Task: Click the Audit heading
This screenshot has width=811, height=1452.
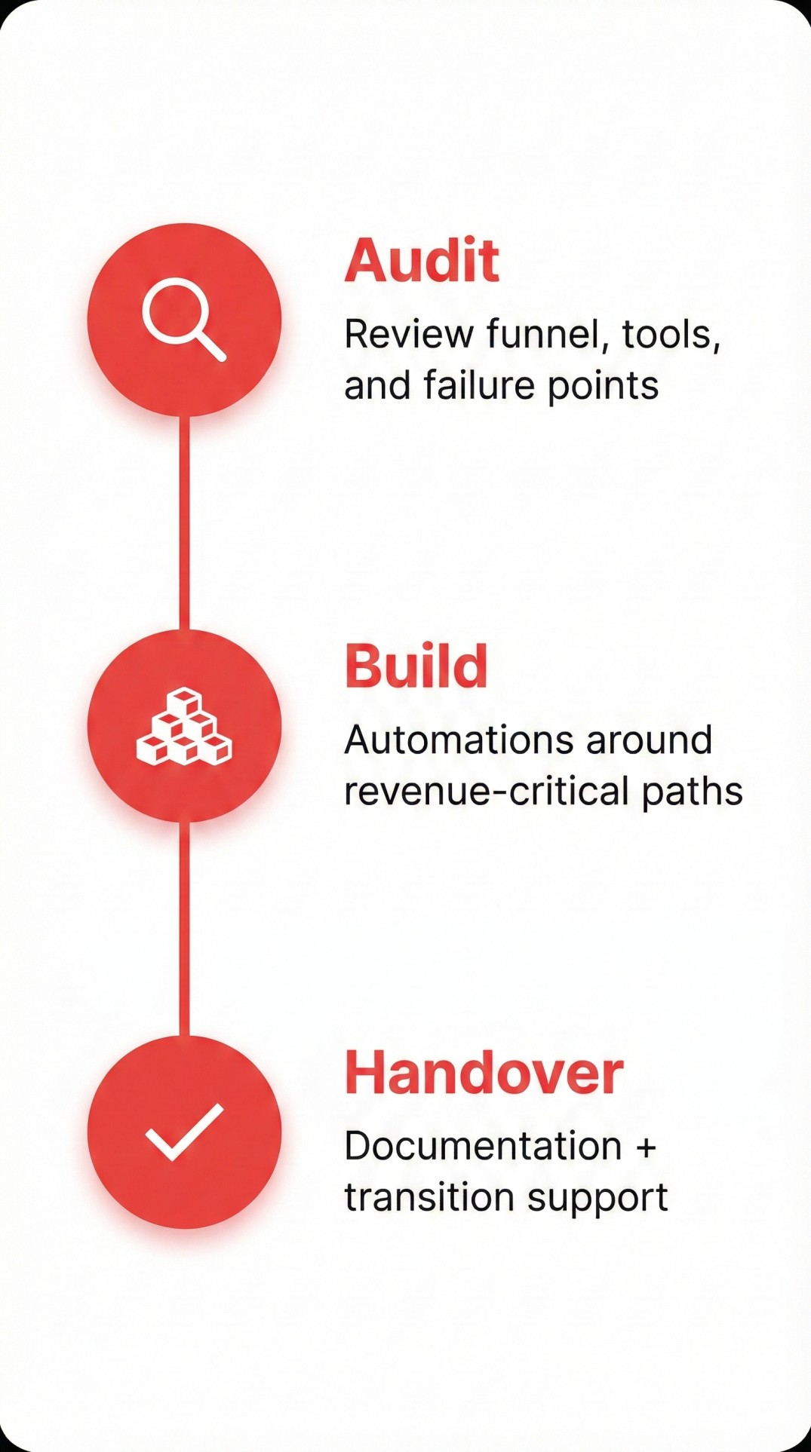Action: tap(422, 261)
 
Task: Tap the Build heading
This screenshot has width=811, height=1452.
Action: tap(416, 666)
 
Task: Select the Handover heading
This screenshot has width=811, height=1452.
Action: tap(484, 1073)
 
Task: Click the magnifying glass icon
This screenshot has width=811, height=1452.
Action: tap(184, 320)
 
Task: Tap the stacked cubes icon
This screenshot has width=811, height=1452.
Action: tap(184, 727)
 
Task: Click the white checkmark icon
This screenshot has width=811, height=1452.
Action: tap(184, 1132)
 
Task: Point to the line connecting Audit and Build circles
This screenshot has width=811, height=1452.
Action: tap(184, 522)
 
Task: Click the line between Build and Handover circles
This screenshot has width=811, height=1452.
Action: tap(184, 928)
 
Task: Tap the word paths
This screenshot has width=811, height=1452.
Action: tap(693, 792)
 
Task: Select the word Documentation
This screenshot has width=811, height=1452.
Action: tap(483, 1146)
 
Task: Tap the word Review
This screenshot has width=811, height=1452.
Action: tap(409, 334)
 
